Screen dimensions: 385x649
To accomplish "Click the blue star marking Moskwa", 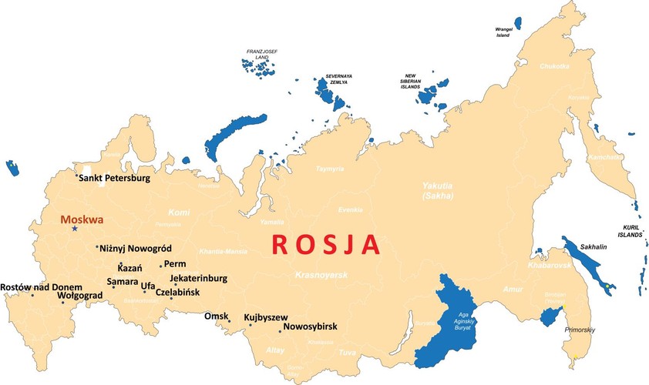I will (x=75, y=229).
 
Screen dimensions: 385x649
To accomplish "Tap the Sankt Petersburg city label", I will (x=114, y=179).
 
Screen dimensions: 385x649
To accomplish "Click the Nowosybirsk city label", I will (x=310, y=326).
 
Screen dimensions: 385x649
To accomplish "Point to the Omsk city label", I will (x=216, y=316).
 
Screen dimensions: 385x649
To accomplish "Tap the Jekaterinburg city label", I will (x=198, y=278).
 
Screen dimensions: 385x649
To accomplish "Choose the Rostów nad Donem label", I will (x=41, y=287).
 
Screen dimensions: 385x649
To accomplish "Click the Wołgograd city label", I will (x=80, y=296).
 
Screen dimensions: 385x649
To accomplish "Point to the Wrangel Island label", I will (x=503, y=32).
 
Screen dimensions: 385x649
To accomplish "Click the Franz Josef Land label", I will (x=261, y=54).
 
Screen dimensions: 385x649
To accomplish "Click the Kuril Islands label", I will (x=632, y=231).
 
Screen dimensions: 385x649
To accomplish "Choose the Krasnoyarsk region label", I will (x=321, y=275).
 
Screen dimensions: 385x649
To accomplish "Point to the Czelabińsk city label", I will (x=177, y=293).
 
